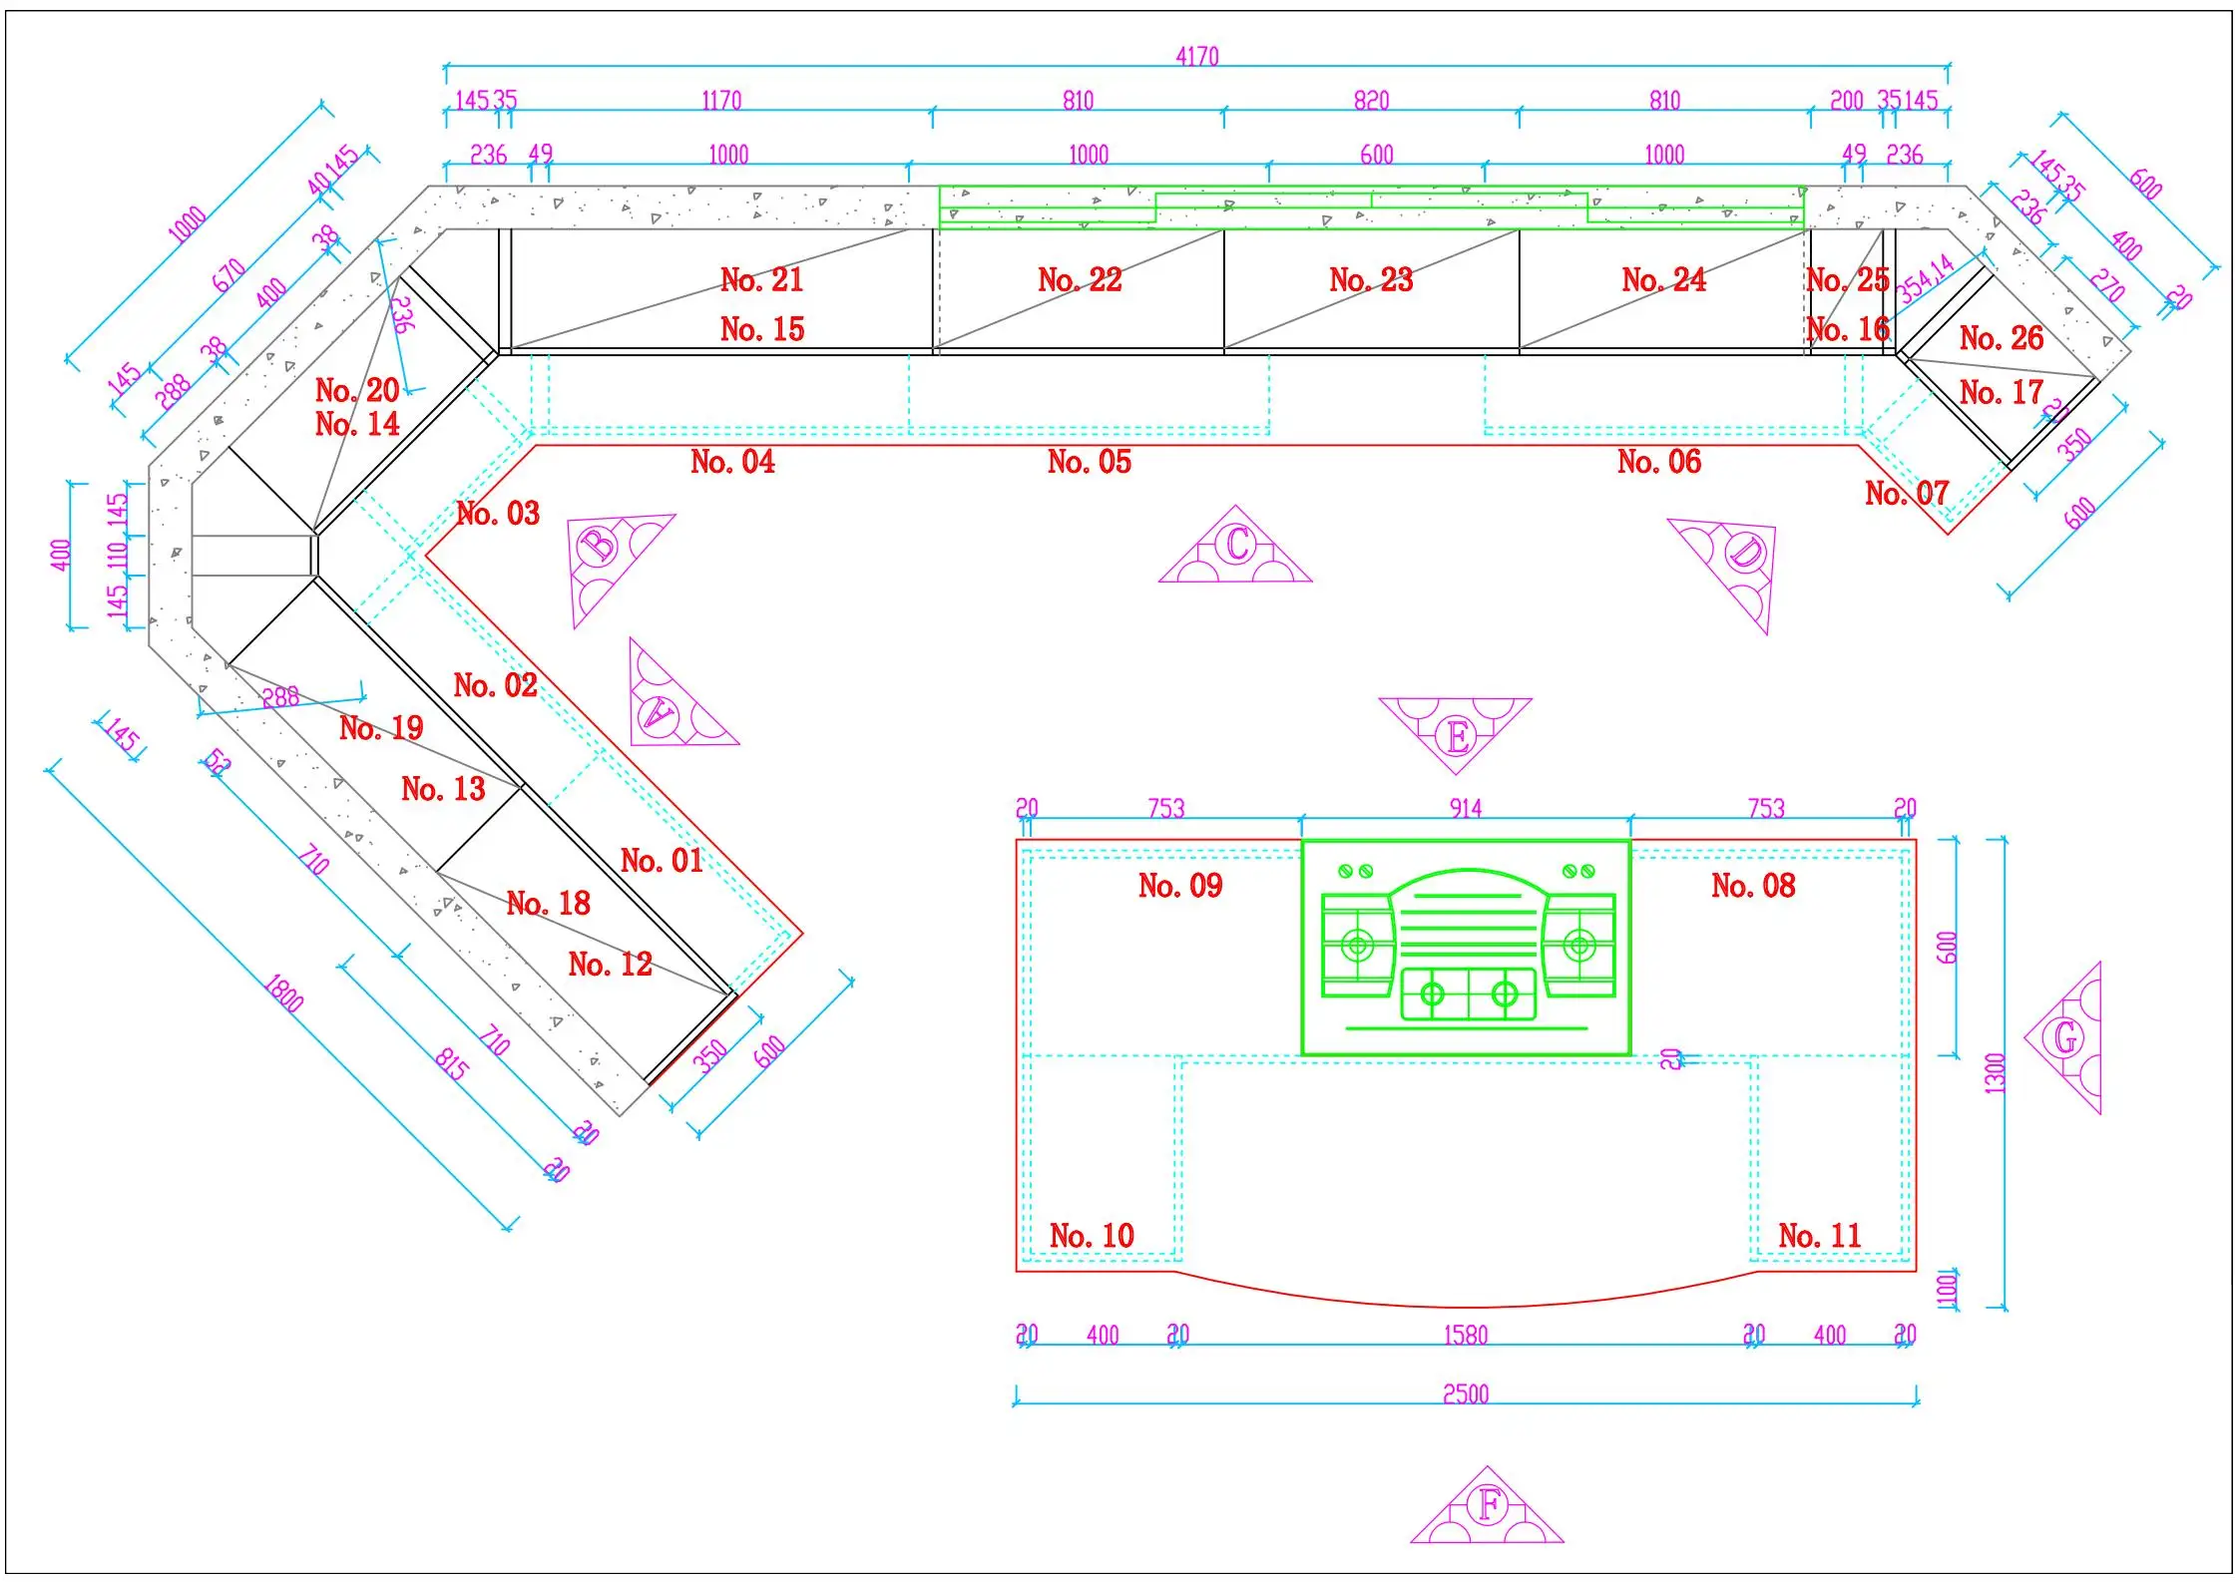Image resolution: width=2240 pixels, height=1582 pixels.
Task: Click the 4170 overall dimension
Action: [1196, 57]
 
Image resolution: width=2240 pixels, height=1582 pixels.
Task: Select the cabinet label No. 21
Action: [761, 280]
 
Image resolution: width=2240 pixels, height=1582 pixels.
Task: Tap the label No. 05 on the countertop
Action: [1089, 462]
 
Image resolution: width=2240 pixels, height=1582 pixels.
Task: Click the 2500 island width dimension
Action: [1465, 1393]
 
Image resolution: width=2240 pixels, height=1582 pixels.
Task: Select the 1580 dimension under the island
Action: [1465, 1335]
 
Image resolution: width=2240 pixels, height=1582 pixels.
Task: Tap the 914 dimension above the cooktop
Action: [1465, 808]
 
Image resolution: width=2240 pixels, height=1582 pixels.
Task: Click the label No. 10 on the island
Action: [1092, 1236]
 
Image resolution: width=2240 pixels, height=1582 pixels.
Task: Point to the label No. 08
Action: [1752, 886]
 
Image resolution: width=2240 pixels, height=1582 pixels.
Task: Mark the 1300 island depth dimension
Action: [1994, 1073]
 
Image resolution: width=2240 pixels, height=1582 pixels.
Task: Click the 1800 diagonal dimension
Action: [283, 993]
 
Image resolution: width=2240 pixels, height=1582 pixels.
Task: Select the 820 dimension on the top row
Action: [1371, 101]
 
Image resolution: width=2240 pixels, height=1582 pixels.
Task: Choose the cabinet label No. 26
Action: [2001, 338]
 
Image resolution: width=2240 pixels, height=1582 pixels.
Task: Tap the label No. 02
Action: [495, 685]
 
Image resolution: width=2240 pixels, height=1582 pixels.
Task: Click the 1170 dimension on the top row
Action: [721, 101]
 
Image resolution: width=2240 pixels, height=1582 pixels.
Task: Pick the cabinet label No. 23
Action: [1370, 280]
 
